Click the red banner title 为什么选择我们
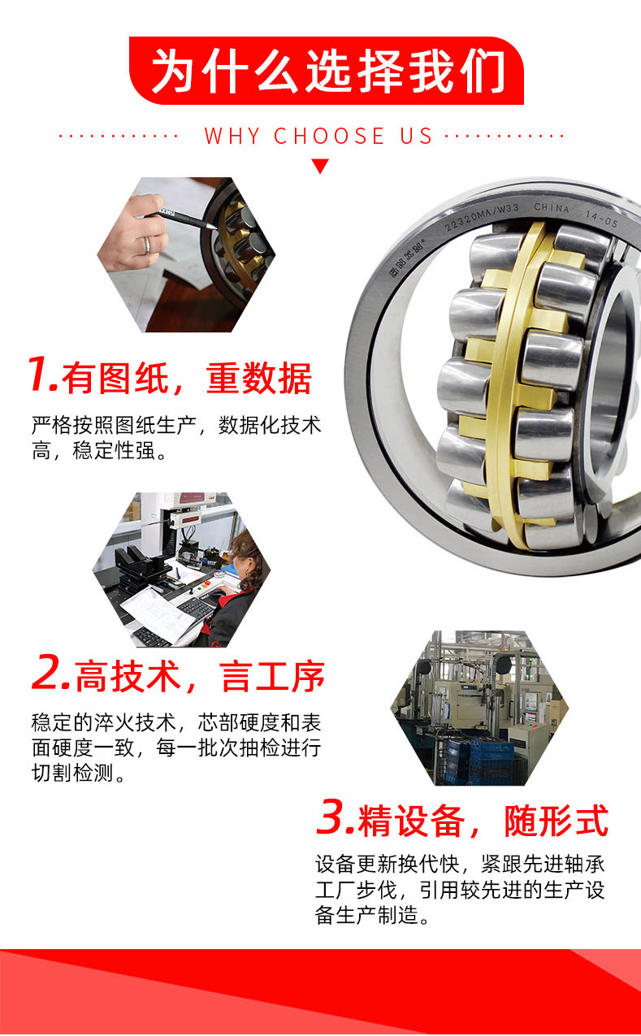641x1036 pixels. (328, 72)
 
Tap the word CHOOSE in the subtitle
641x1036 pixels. (329, 136)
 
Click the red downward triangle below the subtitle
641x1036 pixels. (320, 166)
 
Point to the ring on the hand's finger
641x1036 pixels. (146, 245)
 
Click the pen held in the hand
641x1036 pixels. (184, 219)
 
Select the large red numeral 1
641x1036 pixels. (42, 374)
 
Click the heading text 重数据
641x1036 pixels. (259, 379)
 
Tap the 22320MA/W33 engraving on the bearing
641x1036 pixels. (481, 217)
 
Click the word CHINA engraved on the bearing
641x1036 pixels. (552, 208)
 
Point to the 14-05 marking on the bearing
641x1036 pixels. (601, 219)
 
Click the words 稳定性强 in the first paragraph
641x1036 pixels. (115, 450)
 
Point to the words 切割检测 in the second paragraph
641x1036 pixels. (72, 773)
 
